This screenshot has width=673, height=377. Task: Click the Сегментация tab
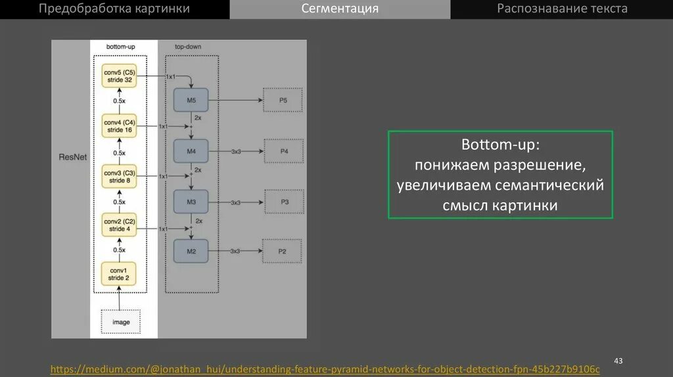[x=340, y=9]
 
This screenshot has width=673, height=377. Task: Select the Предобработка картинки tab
[x=114, y=9]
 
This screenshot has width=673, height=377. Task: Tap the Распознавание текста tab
[x=562, y=9]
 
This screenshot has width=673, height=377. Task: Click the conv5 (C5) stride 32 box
[x=119, y=76]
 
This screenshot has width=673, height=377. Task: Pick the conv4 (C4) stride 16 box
[x=119, y=126]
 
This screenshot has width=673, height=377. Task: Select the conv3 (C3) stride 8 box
[x=119, y=177]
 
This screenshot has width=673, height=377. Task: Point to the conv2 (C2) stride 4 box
[x=119, y=225]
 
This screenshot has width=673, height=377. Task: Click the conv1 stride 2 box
[x=118, y=275]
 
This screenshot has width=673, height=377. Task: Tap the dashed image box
[x=121, y=322]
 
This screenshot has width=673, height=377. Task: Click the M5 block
[x=191, y=100]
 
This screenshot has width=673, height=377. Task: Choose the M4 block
[x=191, y=151]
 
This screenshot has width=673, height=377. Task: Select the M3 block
[x=191, y=202]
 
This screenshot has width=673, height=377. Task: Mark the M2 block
[x=191, y=252]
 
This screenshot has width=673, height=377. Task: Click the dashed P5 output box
[x=283, y=100]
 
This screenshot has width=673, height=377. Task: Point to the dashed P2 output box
[x=282, y=252]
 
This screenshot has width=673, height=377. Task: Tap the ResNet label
[x=72, y=158]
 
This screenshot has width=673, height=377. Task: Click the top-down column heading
[x=188, y=47]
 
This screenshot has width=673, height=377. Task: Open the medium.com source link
[x=325, y=370]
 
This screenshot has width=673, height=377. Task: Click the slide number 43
[x=618, y=361]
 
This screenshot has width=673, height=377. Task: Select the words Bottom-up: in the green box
[x=500, y=144]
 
